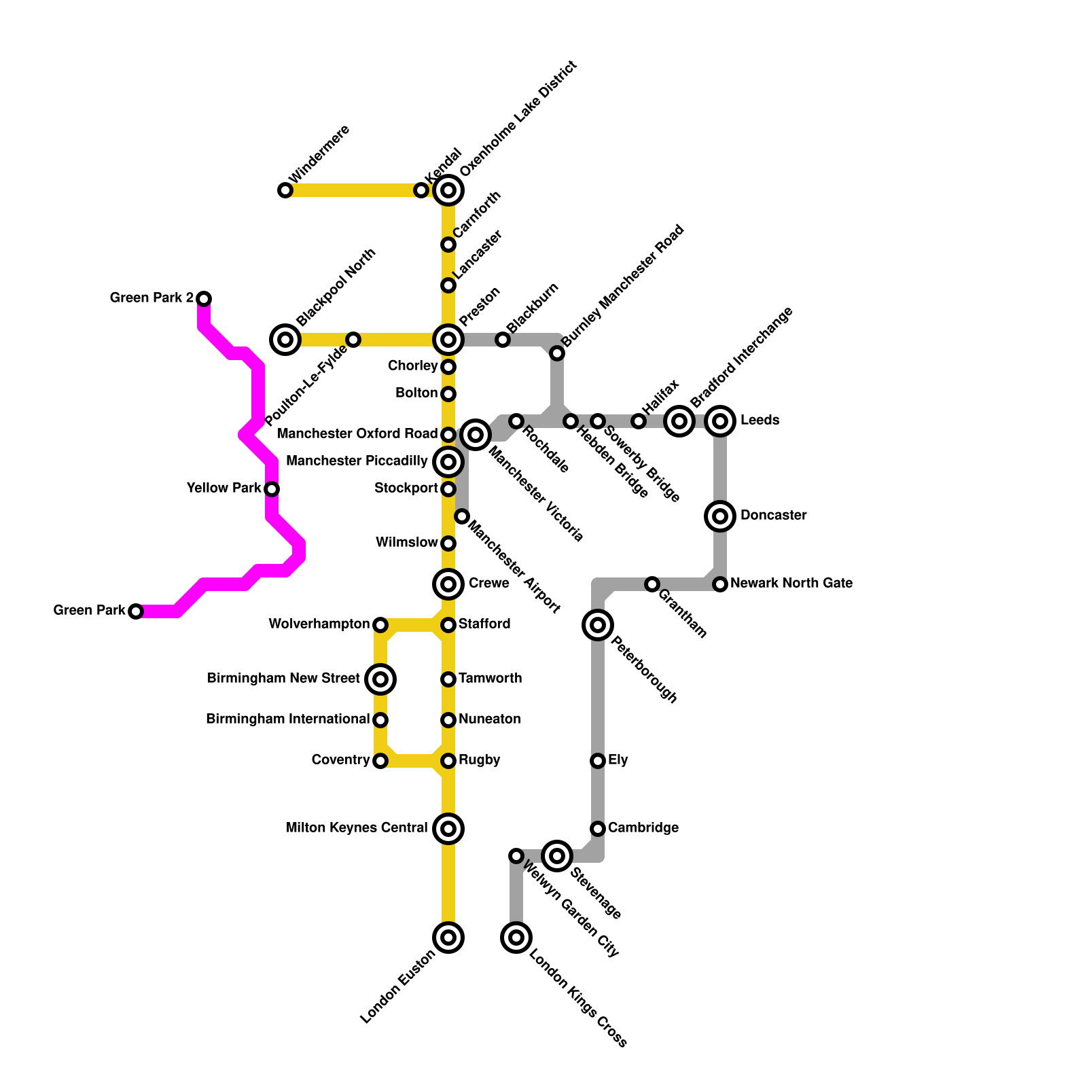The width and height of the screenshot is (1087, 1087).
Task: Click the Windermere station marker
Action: [285, 190]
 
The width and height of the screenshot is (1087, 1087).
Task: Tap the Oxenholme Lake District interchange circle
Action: [448, 190]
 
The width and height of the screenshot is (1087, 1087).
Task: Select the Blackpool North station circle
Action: [286, 340]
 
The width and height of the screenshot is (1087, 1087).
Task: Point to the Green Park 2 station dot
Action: [204, 298]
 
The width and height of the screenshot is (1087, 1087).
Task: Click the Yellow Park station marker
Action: [272, 488]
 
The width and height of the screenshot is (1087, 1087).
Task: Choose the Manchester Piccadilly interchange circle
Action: [448, 462]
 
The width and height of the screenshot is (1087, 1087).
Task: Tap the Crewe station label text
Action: [488, 584]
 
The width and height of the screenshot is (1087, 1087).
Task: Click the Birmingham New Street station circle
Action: [380, 679]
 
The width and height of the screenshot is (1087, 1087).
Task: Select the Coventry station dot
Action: [380, 761]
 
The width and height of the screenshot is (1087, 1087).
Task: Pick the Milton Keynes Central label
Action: [357, 828]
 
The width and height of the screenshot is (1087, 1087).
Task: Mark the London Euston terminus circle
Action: [448, 938]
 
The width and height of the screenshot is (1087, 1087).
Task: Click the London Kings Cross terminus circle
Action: [516, 938]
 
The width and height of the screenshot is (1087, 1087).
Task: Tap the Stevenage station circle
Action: [557, 856]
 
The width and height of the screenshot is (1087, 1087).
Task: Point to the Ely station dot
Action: [598, 761]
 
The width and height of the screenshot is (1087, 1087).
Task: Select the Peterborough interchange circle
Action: [598, 625]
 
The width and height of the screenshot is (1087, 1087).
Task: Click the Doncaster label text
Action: [773, 516]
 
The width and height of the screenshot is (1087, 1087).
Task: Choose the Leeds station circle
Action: [720, 421]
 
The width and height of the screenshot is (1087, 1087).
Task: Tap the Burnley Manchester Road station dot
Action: [557, 353]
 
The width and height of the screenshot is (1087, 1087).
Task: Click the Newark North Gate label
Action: [791, 584]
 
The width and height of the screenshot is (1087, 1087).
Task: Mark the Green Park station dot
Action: [136, 611]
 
